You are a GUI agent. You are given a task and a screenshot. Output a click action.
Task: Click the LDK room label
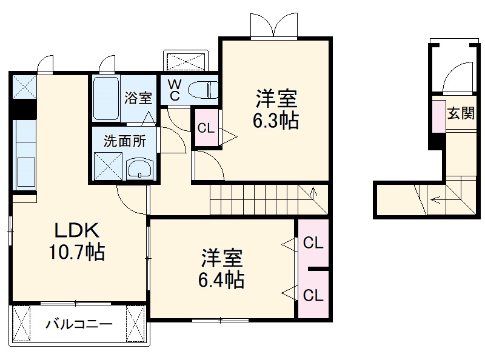[x=77, y=231]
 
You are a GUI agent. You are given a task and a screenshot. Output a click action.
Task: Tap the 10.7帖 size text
[x=77, y=252]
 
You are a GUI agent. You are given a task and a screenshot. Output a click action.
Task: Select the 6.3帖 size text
[x=276, y=120]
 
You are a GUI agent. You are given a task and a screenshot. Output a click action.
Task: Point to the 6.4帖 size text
[x=222, y=279]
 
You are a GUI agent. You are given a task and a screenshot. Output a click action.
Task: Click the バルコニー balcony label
[x=79, y=324]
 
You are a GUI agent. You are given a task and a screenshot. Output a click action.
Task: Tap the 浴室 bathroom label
[x=138, y=97]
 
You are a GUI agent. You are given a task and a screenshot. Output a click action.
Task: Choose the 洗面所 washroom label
[x=124, y=141]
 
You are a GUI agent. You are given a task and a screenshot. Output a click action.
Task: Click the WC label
[x=174, y=90]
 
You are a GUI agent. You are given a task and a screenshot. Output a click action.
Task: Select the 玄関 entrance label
[x=460, y=113]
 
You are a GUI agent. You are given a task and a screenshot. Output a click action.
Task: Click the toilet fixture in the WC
[x=202, y=90]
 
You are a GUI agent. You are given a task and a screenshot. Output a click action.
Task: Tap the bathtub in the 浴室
[x=107, y=98]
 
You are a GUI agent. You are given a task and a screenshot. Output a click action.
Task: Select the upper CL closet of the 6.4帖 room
[x=313, y=244]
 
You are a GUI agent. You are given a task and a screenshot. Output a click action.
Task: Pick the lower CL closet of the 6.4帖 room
[x=313, y=295]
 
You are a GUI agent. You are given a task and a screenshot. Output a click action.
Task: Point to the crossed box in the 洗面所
[x=107, y=166]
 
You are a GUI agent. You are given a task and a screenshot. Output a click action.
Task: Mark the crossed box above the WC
[x=186, y=61]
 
